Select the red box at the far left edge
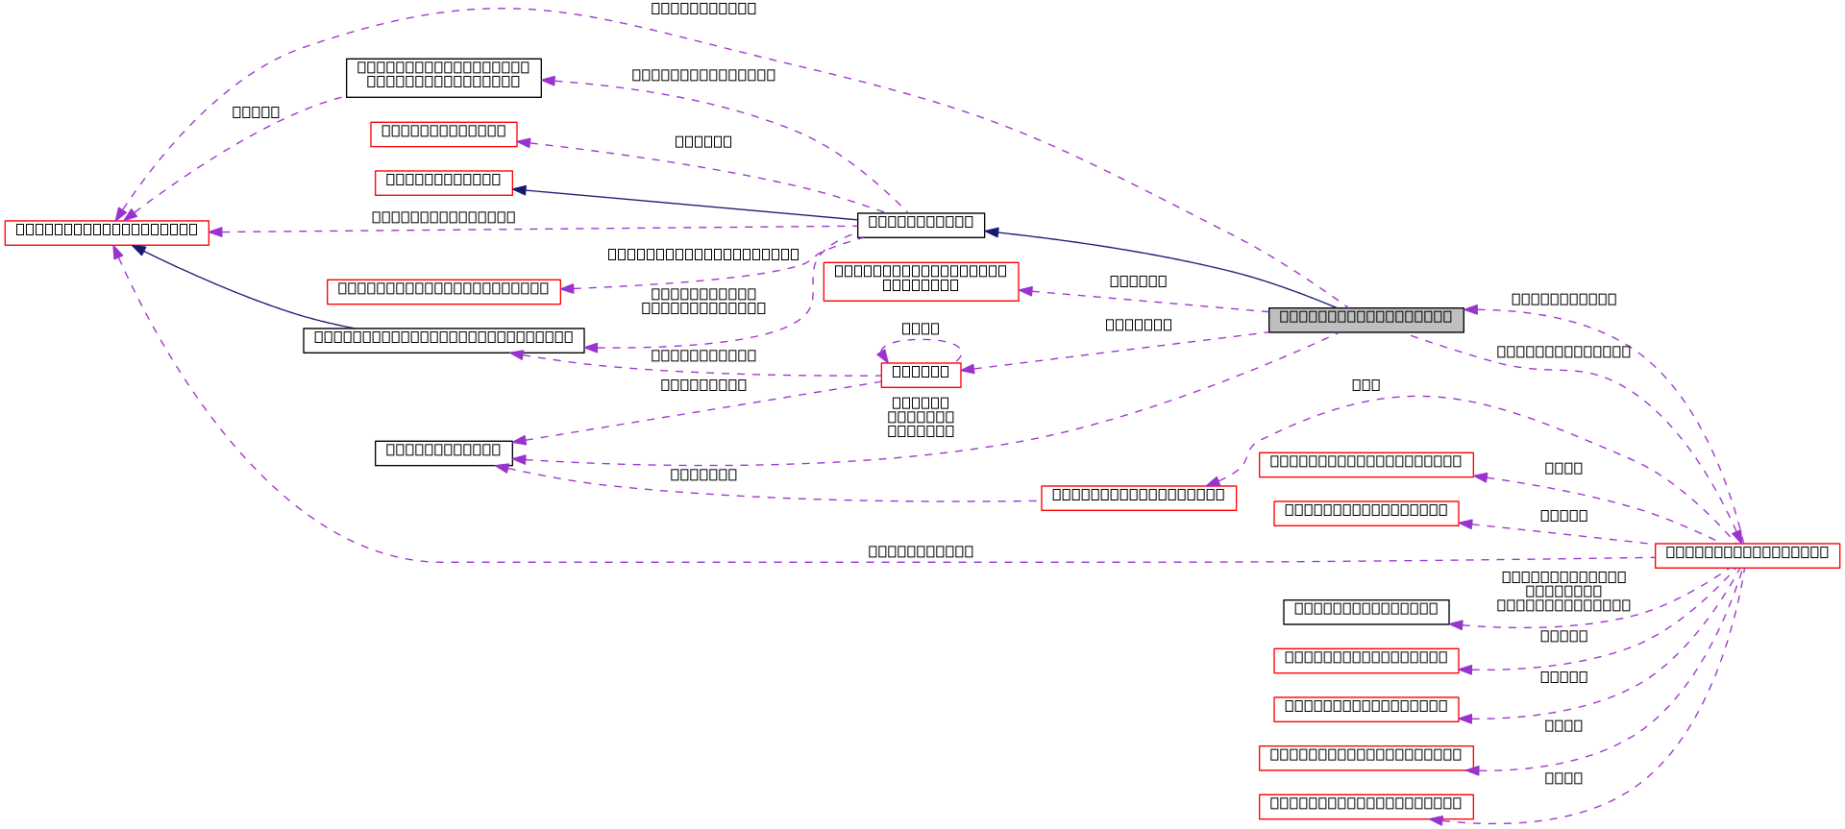coord(106,233)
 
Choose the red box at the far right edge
coord(1747,556)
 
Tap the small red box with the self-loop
coord(921,376)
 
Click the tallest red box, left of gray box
coord(921,281)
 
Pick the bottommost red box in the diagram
coord(1365,807)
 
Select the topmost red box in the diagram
coord(443,134)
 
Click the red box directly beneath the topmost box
coord(443,183)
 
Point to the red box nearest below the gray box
coord(1365,465)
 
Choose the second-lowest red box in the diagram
coord(1365,759)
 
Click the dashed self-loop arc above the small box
coord(921,340)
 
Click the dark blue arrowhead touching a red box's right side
coord(520,189)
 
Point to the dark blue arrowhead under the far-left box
coord(140,250)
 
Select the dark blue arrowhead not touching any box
coord(992,232)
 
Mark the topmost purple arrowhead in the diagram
coord(549,81)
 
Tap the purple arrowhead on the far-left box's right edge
coord(216,232)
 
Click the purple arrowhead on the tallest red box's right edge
coord(1026,290)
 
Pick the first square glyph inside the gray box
coord(1285,317)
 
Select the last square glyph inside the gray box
coord(1446,317)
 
